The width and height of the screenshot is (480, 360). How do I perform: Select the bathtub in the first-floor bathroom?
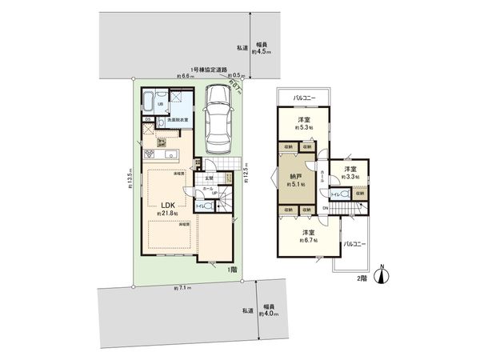click(150, 102)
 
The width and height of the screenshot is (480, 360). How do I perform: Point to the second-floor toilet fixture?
click(342, 194)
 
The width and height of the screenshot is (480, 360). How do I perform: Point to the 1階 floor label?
click(230, 270)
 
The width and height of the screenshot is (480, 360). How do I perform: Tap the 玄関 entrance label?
click(209, 178)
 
